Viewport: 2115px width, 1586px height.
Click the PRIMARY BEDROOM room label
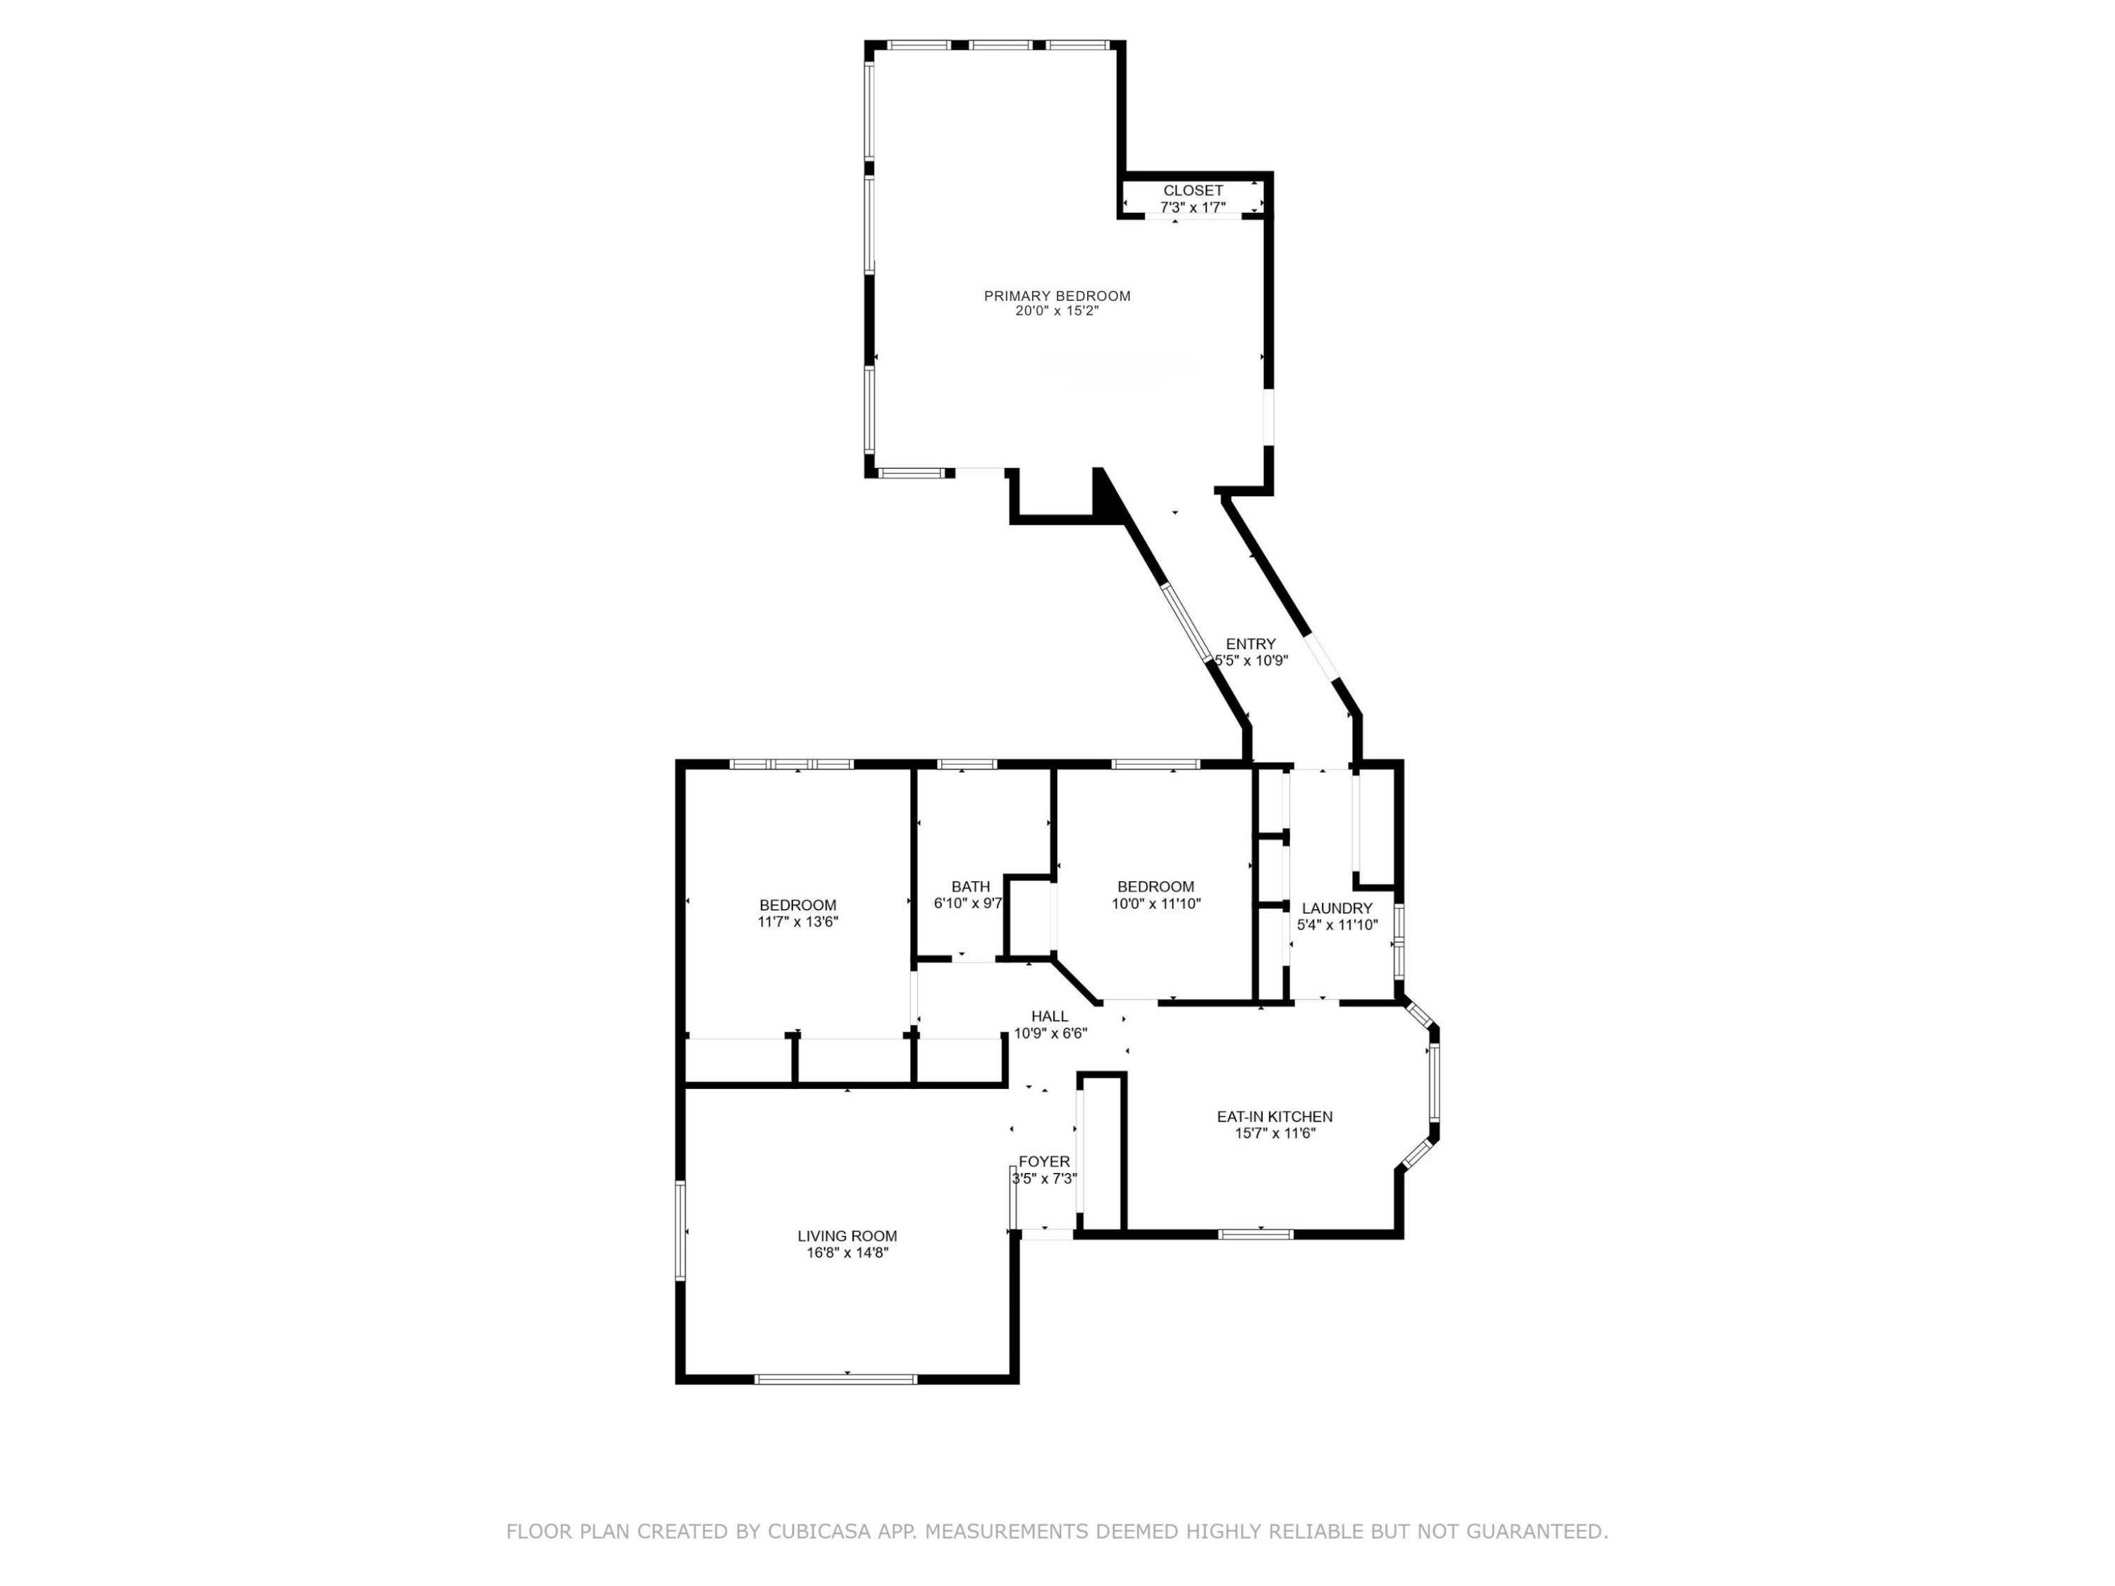click(1057, 296)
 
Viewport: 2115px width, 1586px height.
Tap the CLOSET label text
click(1192, 191)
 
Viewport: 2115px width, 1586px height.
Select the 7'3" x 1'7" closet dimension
click(1192, 207)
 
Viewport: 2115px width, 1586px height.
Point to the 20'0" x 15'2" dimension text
click(1057, 311)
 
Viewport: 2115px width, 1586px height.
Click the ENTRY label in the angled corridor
click(1251, 644)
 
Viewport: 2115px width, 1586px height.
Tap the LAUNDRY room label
click(1337, 908)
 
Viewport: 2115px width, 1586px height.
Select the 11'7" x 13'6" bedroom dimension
click(797, 921)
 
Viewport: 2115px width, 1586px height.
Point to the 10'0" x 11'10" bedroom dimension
click(1156, 902)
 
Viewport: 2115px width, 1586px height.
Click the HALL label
click(1050, 1016)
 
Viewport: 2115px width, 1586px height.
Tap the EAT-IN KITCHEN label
click(1275, 1117)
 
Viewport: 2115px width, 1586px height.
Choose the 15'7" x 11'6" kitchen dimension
click(1275, 1133)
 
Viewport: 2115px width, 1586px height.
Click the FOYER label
click(1044, 1162)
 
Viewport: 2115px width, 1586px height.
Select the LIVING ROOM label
click(847, 1236)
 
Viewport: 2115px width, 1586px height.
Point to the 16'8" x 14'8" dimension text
click(847, 1253)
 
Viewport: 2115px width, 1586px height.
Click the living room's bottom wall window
click(835, 1379)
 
